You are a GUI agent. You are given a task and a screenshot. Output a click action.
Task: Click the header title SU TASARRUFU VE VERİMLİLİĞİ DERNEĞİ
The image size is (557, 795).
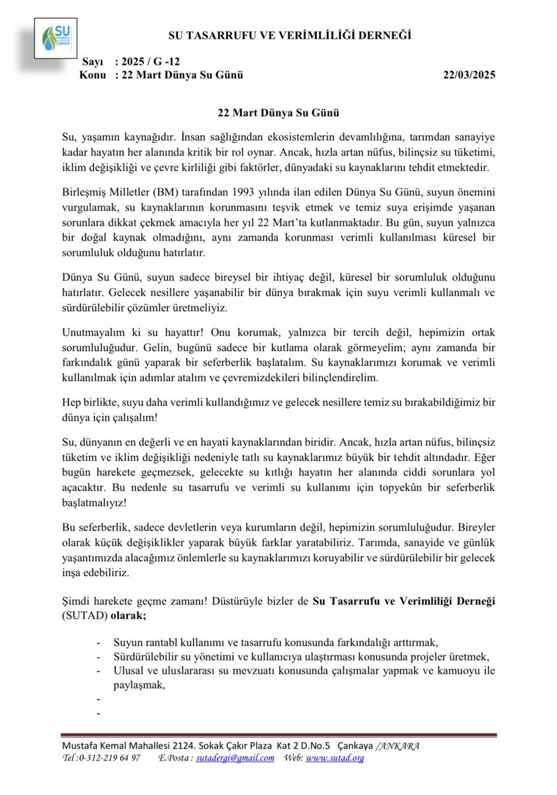point(290,35)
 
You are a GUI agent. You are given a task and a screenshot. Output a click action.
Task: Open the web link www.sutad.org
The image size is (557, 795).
point(335,759)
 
